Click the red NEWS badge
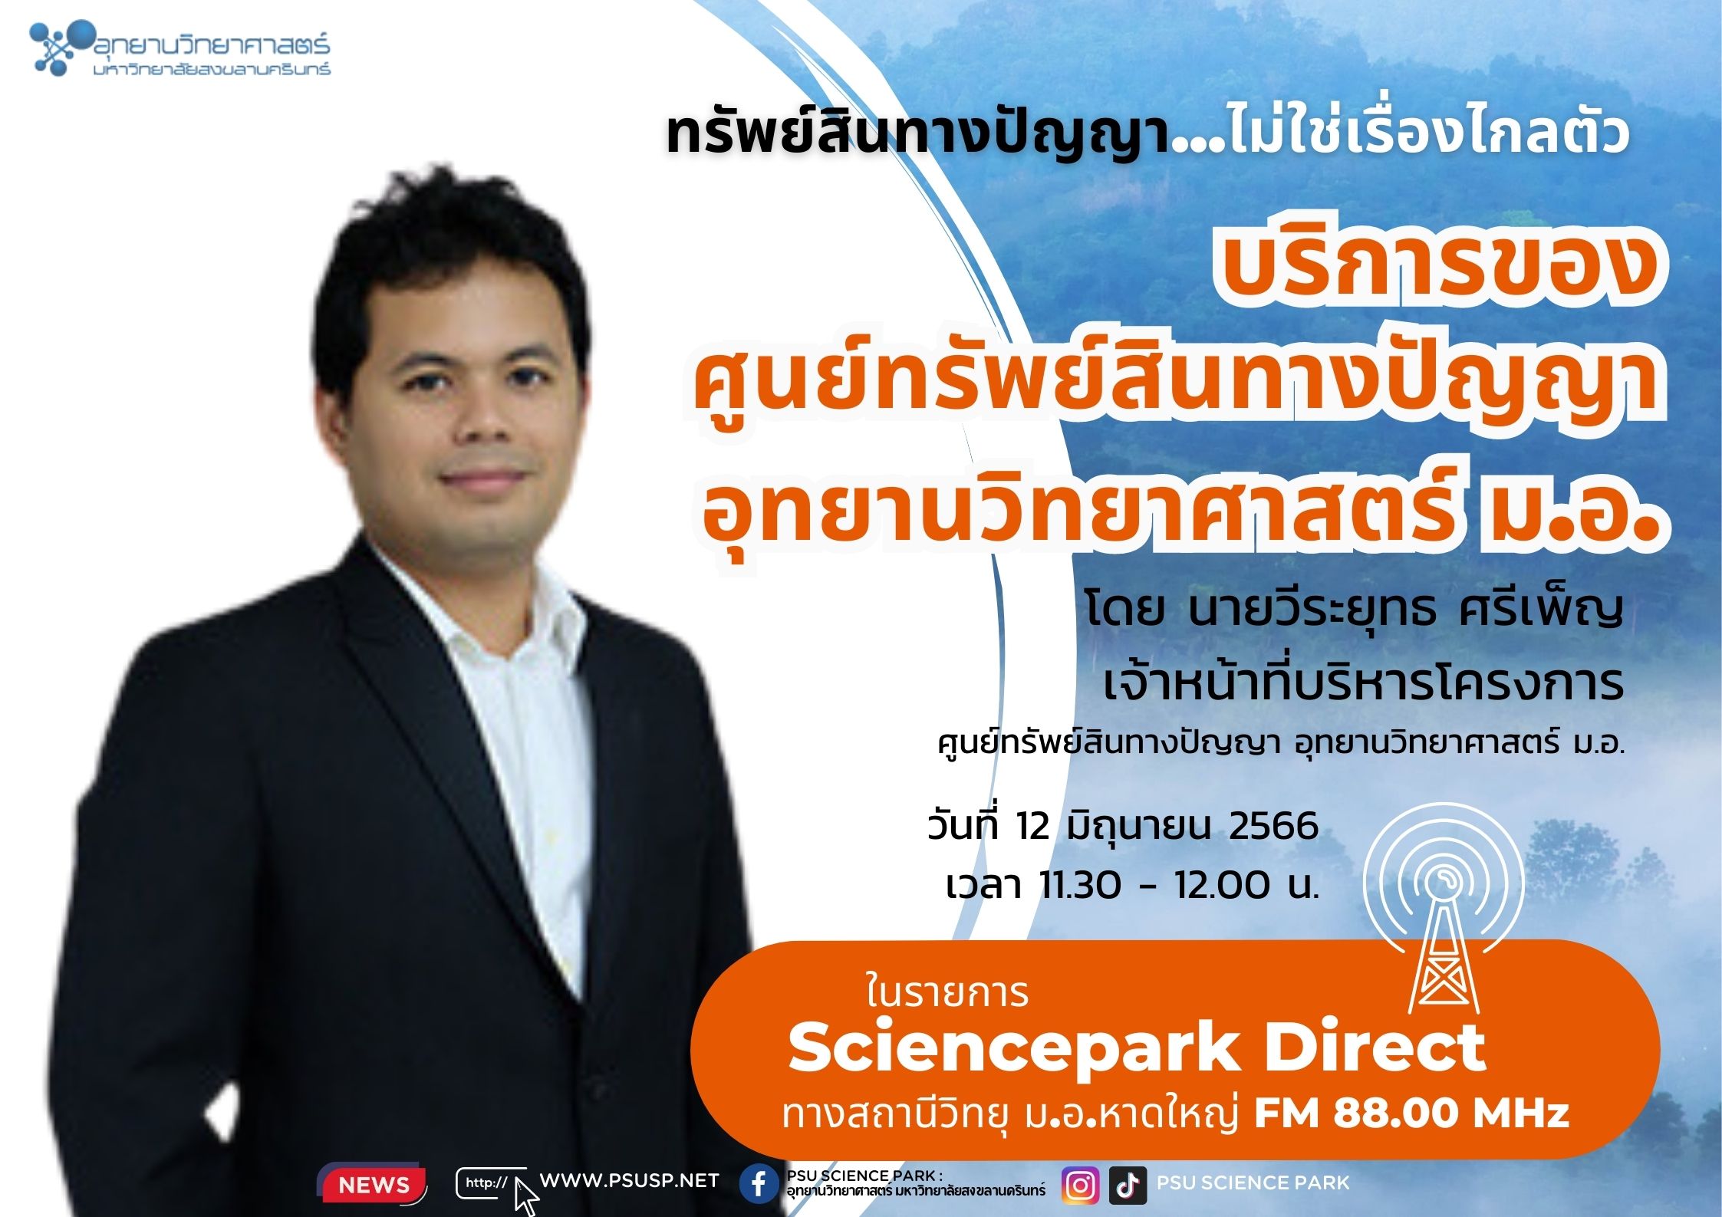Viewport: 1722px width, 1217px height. (x=374, y=1185)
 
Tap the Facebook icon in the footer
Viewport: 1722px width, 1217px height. (x=759, y=1184)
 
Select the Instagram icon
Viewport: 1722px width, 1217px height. (x=1080, y=1185)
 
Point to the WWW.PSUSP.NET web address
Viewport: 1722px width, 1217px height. (x=630, y=1181)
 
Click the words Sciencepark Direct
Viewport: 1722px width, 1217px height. (x=1136, y=1048)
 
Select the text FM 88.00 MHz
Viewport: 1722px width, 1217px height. (x=1411, y=1114)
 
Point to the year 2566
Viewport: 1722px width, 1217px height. (x=1274, y=826)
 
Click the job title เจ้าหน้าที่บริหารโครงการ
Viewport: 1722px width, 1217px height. (x=1363, y=682)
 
